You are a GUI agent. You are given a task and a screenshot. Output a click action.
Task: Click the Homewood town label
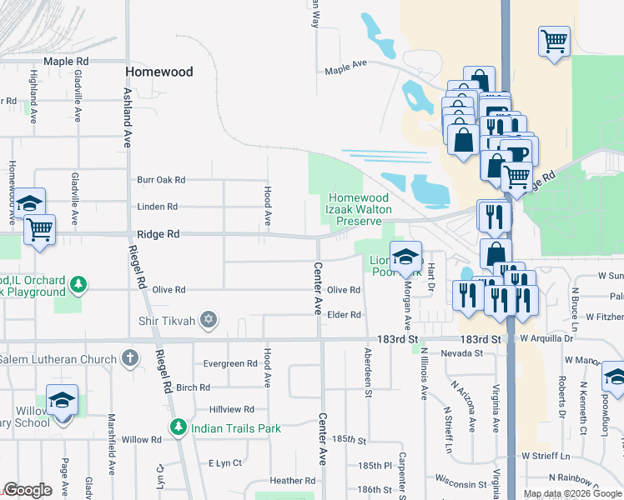(159, 72)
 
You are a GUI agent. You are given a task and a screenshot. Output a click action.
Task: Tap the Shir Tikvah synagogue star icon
(209, 319)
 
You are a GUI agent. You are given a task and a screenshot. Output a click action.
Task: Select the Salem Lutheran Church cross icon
(129, 358)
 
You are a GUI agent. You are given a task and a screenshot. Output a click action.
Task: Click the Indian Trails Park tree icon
(178, 427)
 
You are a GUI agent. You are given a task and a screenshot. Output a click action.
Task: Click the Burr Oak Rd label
(161, 180)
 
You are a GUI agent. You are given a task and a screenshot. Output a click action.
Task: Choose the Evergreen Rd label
(230, 363)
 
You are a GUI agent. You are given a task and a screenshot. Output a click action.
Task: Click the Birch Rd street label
(193, 387)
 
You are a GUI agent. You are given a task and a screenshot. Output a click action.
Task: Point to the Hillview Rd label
(231, 409)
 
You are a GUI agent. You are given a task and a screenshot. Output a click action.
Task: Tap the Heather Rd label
(293, 481)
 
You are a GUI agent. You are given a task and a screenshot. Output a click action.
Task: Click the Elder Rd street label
(344, 315)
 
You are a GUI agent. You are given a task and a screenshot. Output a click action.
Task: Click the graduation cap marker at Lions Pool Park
(406, 257)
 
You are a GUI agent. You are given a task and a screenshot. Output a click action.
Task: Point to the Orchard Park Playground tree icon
(78, 285)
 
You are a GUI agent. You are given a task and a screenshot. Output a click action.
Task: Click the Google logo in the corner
(28, 490)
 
